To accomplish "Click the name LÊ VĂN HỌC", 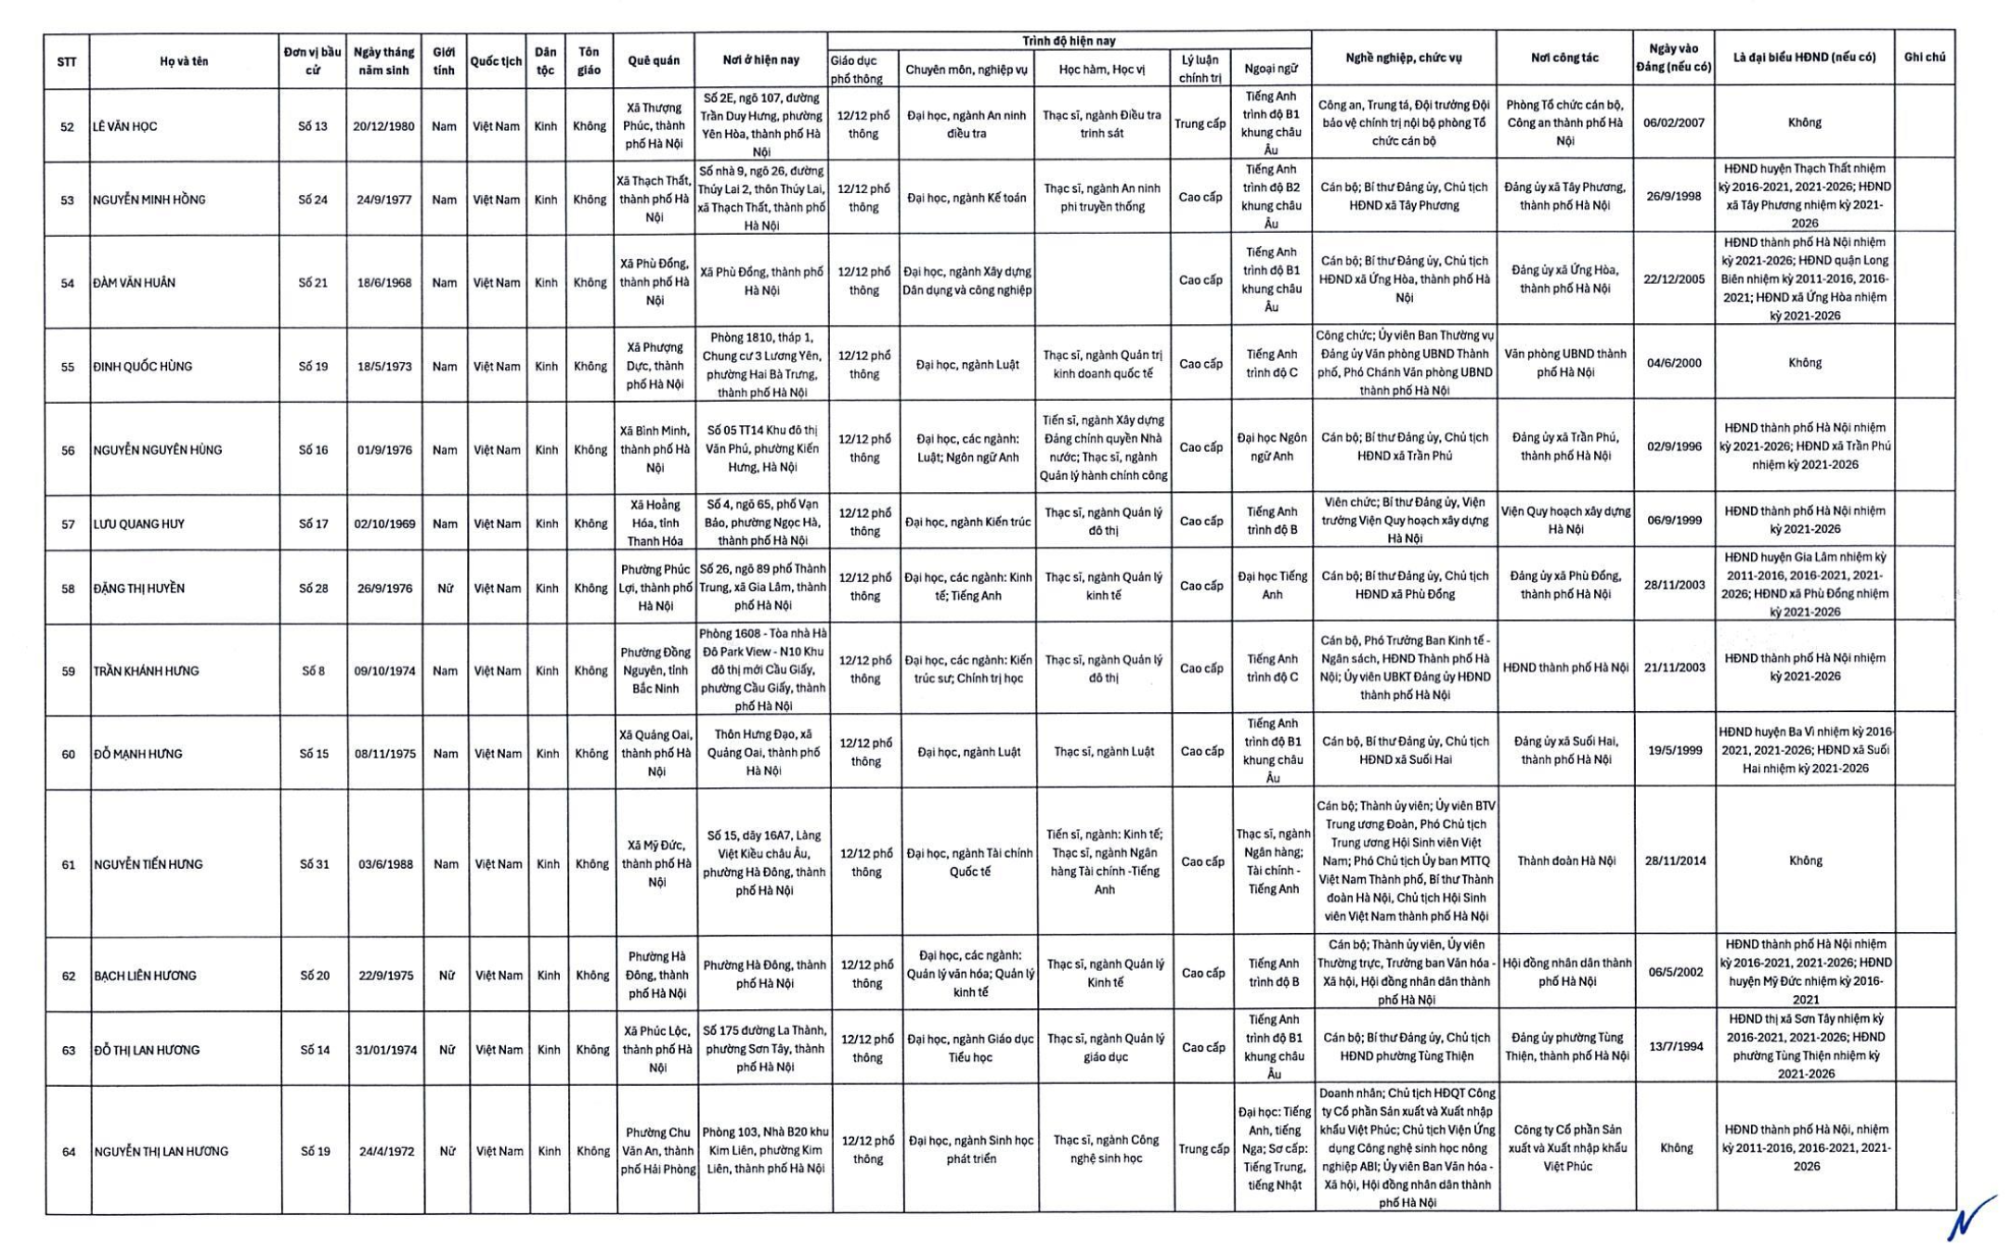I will pyautogui.click(x=124, y=126).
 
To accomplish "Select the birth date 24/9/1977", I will pyautogui.click(x=383, y=200).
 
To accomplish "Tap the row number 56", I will pyautogui.click(x=68, y=450).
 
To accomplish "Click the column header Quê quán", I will pyautogui.click(x=654, y=60).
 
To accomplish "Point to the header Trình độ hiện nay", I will pyautogui.click(x=1069, y=41).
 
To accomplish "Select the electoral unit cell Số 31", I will pyautogui.click(x=314, y=864).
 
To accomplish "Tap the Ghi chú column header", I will pyautogui.click(x=1924, y=58).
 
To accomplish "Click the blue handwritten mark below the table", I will pyautogui.click(x=1970, y=1218).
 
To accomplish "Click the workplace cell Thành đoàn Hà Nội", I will pyautogui.click(x=1565, y=860).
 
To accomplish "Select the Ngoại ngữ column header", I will pyautogui.click(x=1270, y=69).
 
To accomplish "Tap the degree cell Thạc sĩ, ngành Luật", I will pyautogui.click(x=1103, y=751).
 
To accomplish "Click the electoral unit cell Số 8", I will pyautogui.click(x=313, y=670).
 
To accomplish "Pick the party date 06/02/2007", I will pyautogui.click(x=1673, y=123).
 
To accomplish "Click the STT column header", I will pyautogui.click(x=67, y=62).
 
